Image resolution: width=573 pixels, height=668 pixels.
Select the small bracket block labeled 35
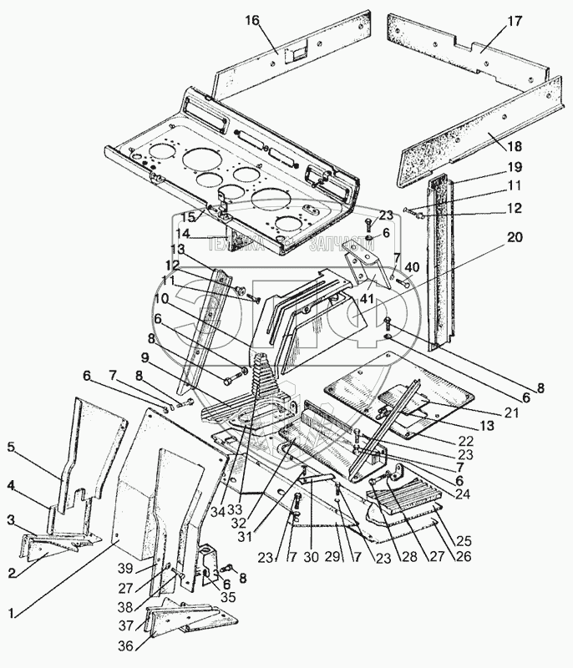209,564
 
